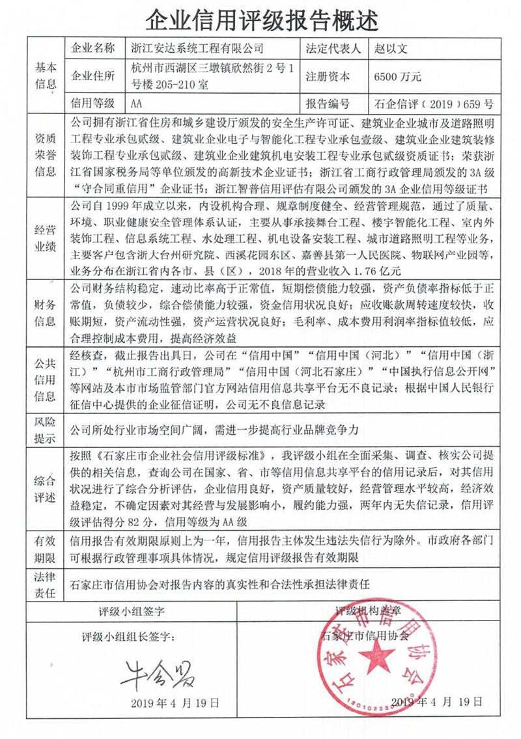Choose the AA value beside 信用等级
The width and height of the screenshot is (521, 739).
coord(137,104)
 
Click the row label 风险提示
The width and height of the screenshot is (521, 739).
coord(46,428)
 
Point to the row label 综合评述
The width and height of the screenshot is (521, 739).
coord(46,489)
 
